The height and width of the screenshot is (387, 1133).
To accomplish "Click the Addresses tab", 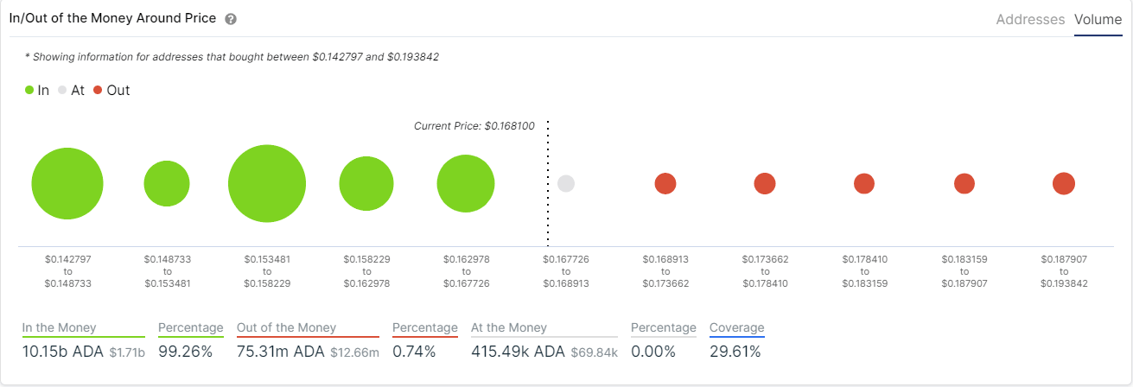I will (x=1030, y=19).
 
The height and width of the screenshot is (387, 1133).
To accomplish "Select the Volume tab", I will (x=1098, y=19).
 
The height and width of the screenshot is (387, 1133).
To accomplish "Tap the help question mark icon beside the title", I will (x=230, y=19).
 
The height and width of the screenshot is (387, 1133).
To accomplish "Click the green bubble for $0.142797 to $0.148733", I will (x=67, y=183).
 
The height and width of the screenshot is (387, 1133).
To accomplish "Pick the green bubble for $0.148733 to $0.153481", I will (x=167, y=183).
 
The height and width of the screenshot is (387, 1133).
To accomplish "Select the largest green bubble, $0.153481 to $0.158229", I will (x=267, y=183).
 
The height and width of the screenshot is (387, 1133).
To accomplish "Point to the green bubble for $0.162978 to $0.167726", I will (x=466, y=183).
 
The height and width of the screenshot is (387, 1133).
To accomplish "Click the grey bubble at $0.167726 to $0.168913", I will (x=566, y=183).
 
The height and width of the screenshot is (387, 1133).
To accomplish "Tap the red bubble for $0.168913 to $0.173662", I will (x=665, y=183).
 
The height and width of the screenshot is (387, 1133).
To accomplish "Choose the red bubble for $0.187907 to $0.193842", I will (x=1064, y=183).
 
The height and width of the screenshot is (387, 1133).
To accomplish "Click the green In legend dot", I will (x=29, y=90).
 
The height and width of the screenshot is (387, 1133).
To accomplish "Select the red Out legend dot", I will (x=98, y=90).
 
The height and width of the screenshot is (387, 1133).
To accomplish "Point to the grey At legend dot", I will (x=62, y=90).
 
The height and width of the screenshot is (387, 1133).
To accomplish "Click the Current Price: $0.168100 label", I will (x=474, y=126).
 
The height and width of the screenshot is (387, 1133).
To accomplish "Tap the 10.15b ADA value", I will (x=62, y=352).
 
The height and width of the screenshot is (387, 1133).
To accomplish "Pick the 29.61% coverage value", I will (x=735, y=352).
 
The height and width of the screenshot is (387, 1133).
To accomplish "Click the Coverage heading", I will (x=736, y=327).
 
